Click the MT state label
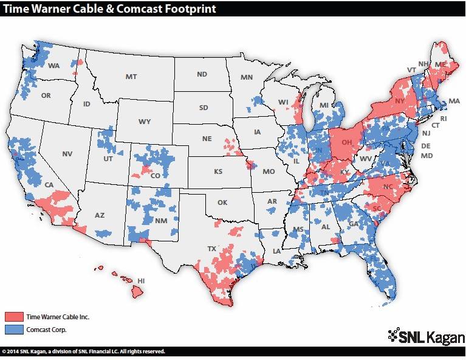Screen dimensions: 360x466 point(131,77)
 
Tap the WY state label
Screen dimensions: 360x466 point(144,122)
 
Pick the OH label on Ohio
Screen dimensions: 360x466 point(347,143)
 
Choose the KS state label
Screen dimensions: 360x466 point(218,172)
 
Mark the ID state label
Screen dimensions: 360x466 point(87,104)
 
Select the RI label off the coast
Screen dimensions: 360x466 point(444,119)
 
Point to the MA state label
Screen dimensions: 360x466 point(453,100)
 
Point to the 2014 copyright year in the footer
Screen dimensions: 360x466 point(15,351)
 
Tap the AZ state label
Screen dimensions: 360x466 point(100,215)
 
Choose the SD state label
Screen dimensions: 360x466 point(203,108)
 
